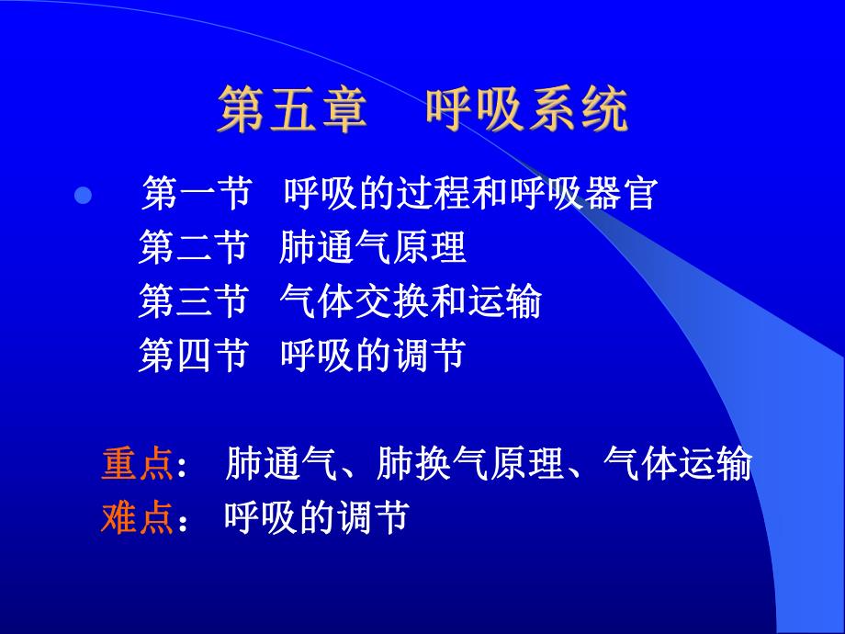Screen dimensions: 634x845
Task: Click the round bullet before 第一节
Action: pyautogui.click(x=82, y=196)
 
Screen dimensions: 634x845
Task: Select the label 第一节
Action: pyautogui.click(x=196, y=194)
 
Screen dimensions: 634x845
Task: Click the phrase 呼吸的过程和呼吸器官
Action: pyautogui.click(x=469, y=194)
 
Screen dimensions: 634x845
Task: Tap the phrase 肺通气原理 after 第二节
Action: pyautogui.click(x=373, y=247)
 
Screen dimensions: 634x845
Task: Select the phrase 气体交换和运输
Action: pyautogui.click(x=410, y=301)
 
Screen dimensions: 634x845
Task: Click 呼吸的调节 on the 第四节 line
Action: pyautogui.click(x=373, y=355)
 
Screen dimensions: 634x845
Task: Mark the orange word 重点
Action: pyautogui.click(x=137, y=465)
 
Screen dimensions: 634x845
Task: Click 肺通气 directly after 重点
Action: pyautogui.click(x=279, y=465)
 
